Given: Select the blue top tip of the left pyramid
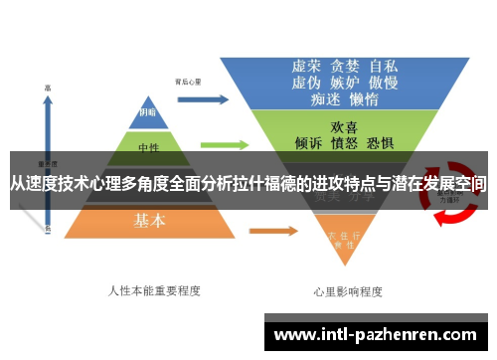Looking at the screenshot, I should point(146,110).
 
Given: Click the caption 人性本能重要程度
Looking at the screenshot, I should point(154,290).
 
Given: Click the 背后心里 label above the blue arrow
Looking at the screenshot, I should point(188,81).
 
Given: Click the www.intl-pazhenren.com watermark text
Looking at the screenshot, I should point(378,334).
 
